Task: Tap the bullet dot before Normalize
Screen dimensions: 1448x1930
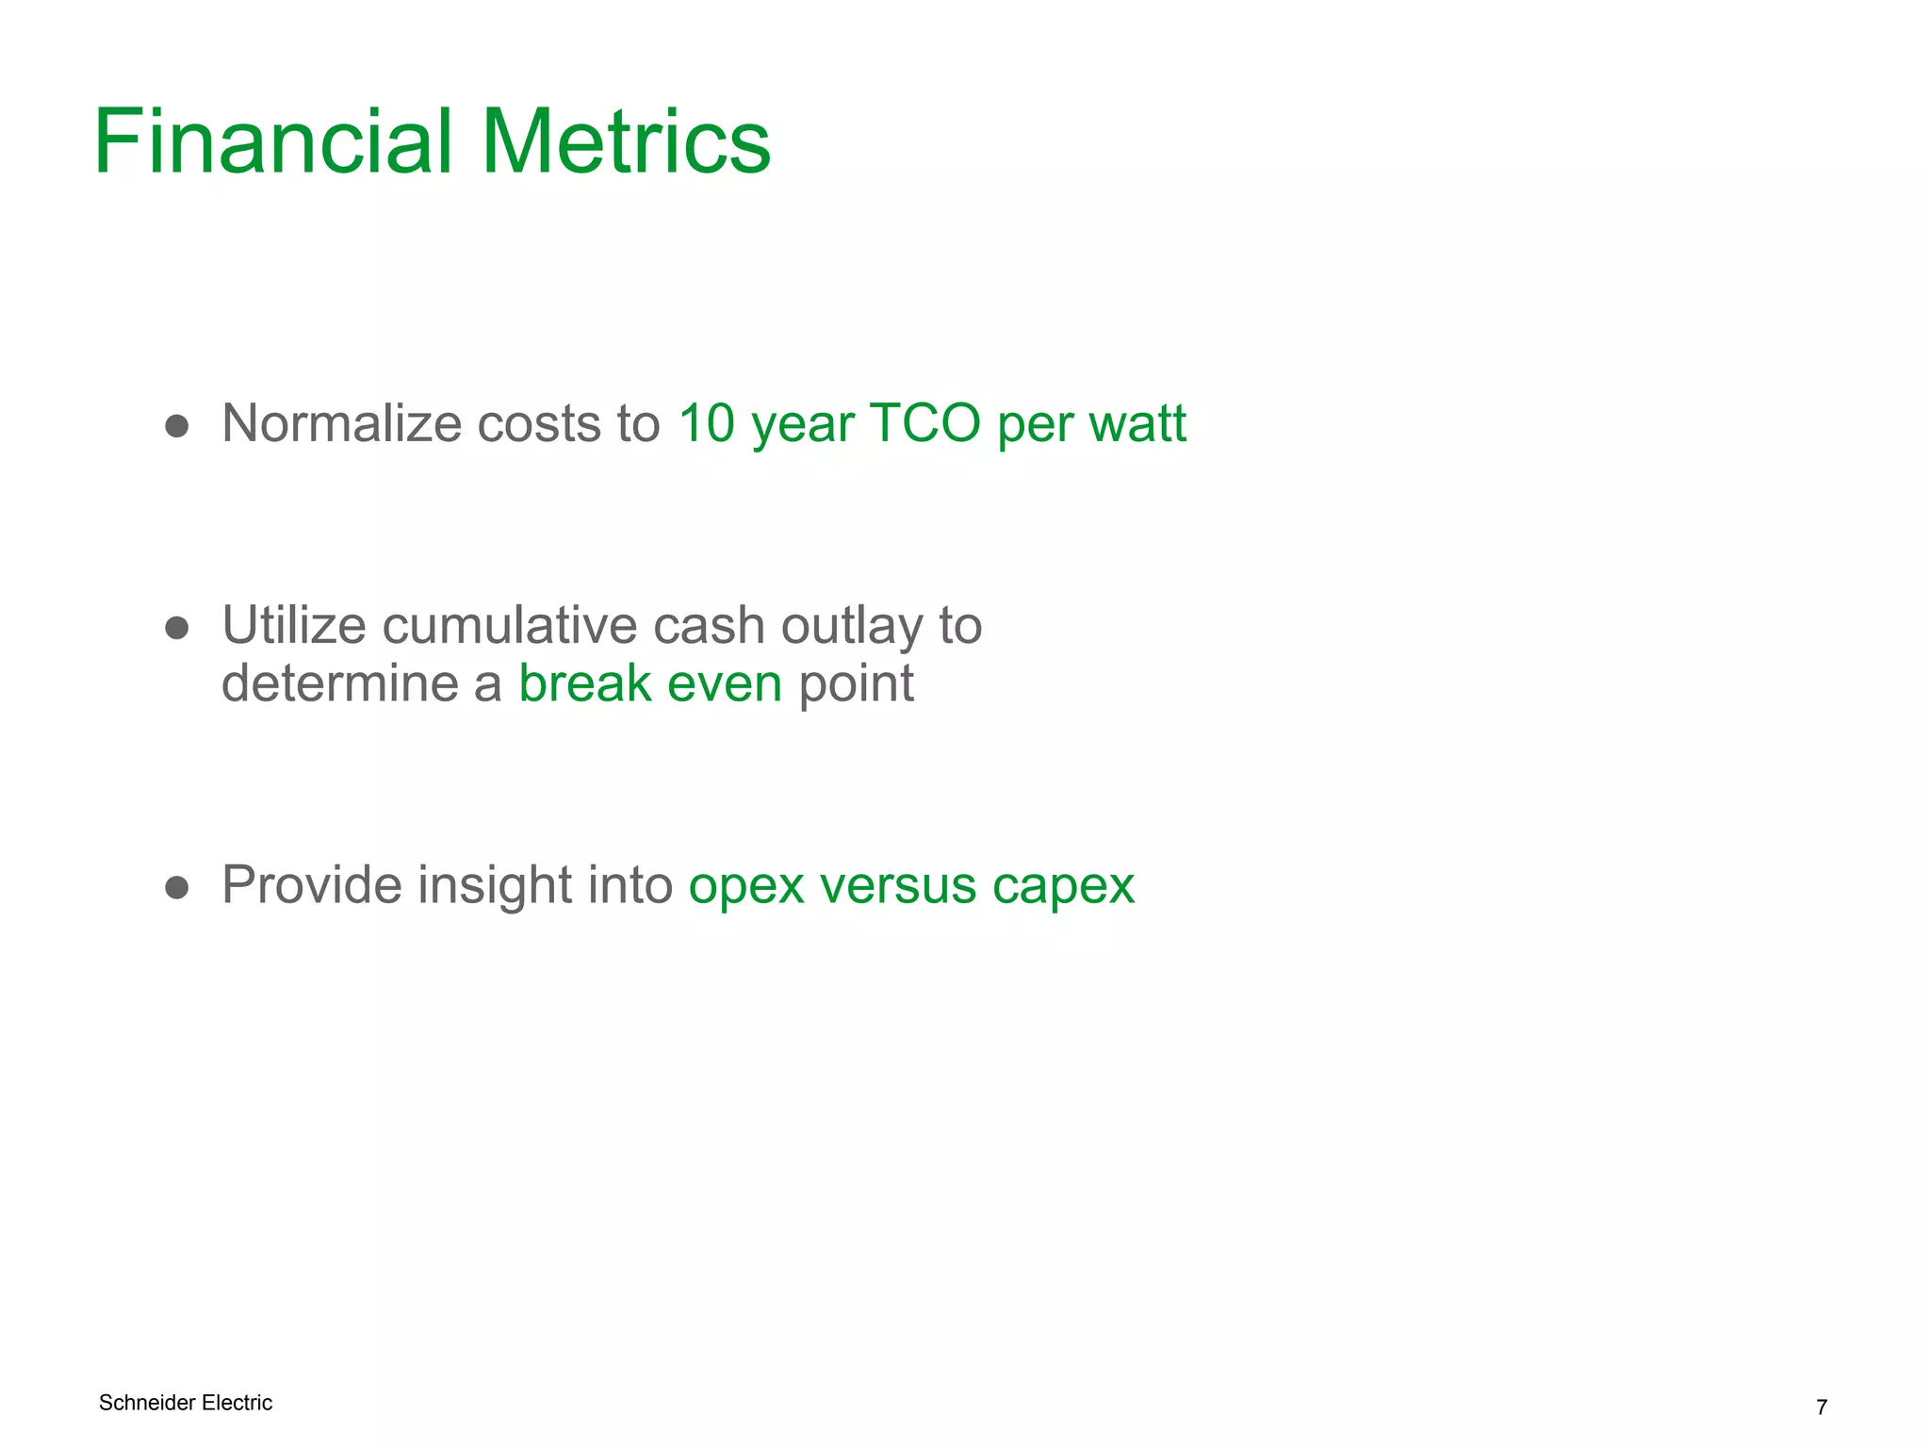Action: pyautogui.click(x=176, y=426)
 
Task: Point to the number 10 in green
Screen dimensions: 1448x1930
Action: pyautogui.click(x=706, y=422)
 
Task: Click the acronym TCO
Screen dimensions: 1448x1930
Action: pyautogui.click(x=924, y=422)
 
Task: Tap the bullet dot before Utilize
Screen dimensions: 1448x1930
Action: pyautogui.click(x=176, y=629)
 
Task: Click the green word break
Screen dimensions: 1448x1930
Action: pyautogui.click(x=584, y=683)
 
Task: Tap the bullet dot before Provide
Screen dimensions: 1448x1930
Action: pyautogui.click(x=176, y=887)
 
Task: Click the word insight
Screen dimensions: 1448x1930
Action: pyautogui.click(x=494, y=885)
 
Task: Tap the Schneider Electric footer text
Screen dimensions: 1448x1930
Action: pyautogui.click(x=186, y=1403)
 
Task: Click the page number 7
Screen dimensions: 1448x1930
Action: pyautogui.click(x=1821, y=1407)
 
